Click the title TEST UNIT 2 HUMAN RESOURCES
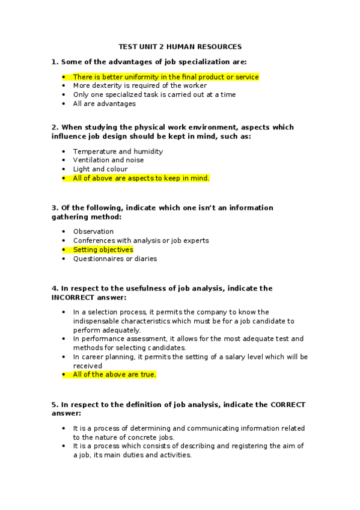coord(180,46)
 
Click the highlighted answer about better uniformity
coord(165,77)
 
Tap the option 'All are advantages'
coord(104,103)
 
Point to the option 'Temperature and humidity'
coord(117,152)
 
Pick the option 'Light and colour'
coord(100,169)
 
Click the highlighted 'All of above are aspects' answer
coord(141,178)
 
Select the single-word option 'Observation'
coord(93,232)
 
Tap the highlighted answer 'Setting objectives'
coord(103,250)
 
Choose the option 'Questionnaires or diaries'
coord(115,259)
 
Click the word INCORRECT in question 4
coord(75,297)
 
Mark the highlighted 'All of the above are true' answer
coord(114,374)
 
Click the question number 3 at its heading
coord(54,208)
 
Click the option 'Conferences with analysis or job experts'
coord(141,241)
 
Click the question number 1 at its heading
coord(54,62)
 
